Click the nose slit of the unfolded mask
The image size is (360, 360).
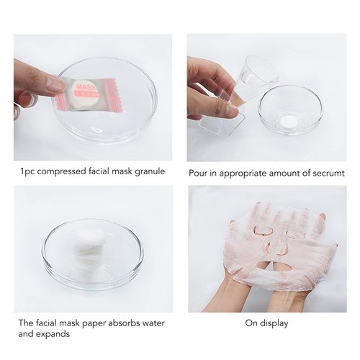pos(278,249)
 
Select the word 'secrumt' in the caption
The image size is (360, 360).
pos(325,173)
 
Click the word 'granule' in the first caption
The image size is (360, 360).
pos(150,173)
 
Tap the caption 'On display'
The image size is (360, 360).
pos(266,323)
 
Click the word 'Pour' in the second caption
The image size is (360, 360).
pos(199,173)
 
